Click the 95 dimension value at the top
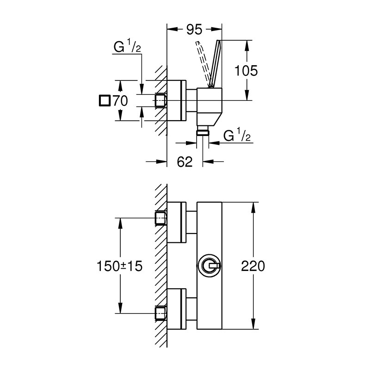(x=194, y=30)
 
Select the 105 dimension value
(x=246, y=71)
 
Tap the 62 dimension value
(x=185, y=162)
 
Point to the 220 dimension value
(x=253, y=266)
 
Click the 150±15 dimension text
(x=120, y=266)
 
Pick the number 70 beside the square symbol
(x=120, y=101)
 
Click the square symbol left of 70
(x=105, y=100)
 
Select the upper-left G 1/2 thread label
(x=127, y=46)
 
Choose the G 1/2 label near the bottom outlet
(x=237, y=135)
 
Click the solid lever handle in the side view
(x=215, y=64)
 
